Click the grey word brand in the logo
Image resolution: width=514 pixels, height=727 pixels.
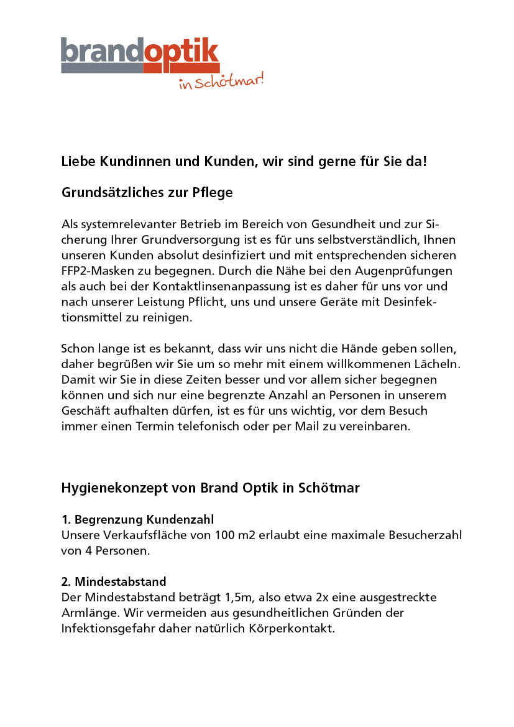coord(103,51)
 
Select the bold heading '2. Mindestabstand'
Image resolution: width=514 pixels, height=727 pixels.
coord(114,582)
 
